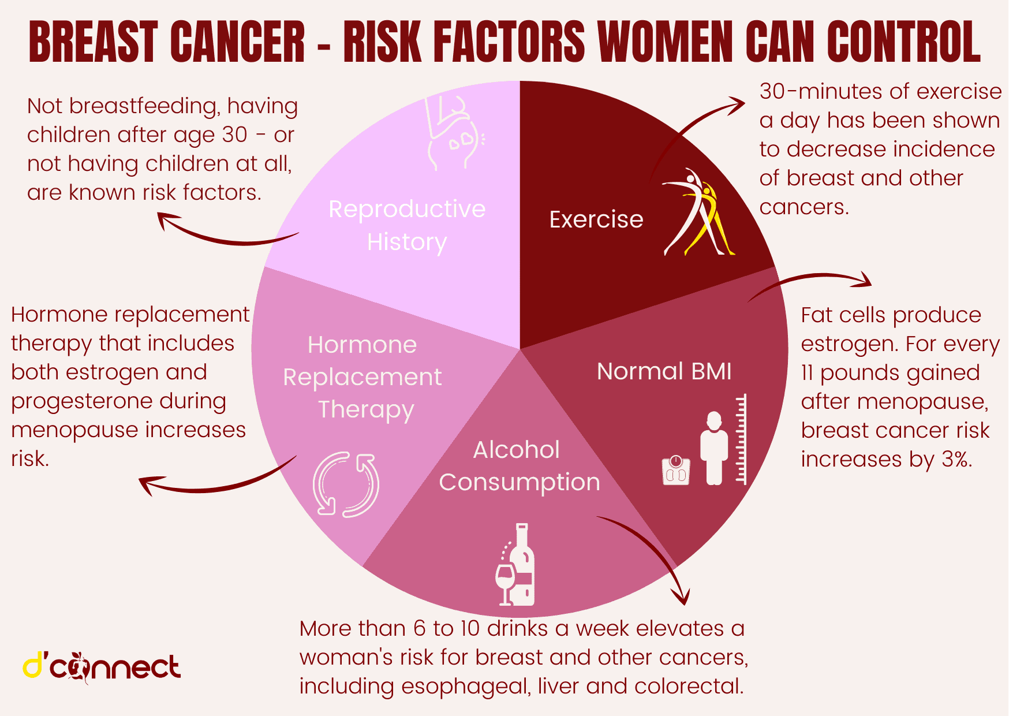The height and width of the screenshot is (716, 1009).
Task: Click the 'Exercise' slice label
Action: tap(596, 219)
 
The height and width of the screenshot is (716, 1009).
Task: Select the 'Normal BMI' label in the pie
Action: tap(664, 371)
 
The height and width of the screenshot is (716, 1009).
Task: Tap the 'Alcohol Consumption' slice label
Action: tap(519, 466)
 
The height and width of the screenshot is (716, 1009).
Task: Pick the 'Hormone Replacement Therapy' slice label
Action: tap(363, 377)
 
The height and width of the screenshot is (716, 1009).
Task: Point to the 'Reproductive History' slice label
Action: tap(407, 225)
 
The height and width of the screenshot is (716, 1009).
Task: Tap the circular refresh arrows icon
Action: tap(346, 484)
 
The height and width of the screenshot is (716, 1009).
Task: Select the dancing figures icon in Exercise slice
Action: tap(698, 212)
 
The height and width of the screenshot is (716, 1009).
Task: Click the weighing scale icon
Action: tap(676, 470)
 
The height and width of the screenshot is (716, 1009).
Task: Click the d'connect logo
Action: tap(102, 667)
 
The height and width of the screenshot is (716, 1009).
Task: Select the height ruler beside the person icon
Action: tap(742, 439)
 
